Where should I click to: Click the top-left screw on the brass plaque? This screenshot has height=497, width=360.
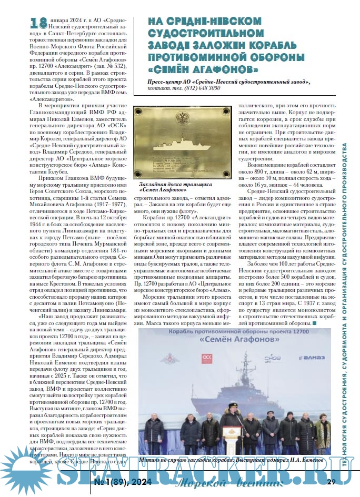138,110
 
